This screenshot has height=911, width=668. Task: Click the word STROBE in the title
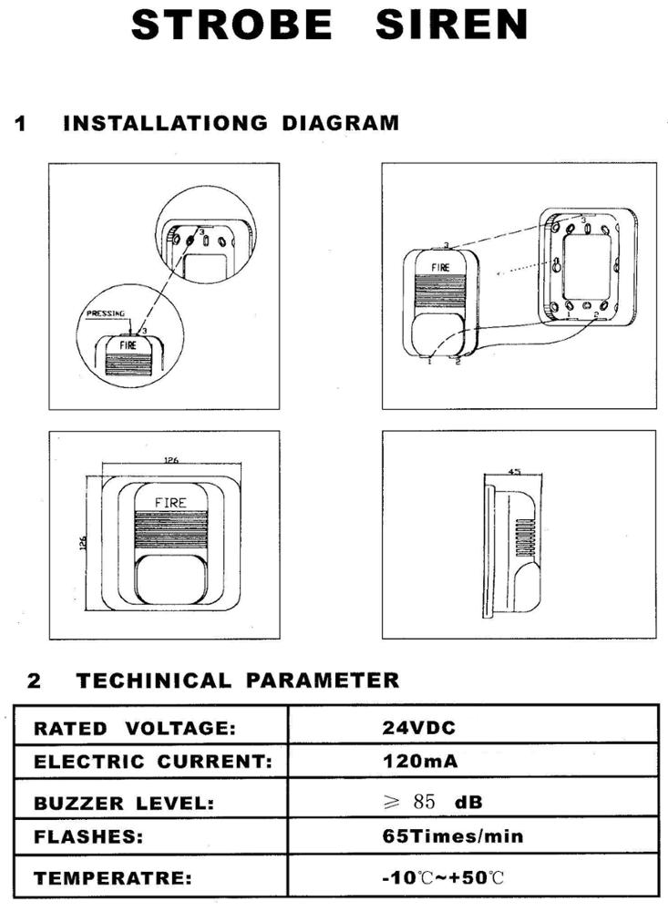231,25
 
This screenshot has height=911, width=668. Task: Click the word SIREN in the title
451,25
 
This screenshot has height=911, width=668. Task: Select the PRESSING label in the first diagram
105,313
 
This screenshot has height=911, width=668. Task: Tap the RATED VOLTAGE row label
135,728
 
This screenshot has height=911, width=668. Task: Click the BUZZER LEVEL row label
124,804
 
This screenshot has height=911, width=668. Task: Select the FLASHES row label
87,836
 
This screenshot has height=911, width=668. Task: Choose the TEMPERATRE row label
112,879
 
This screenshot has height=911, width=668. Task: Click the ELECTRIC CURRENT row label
153,762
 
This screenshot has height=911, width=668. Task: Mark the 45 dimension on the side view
514,471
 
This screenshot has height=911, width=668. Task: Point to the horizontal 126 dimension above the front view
170,461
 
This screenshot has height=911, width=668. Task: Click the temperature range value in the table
442,879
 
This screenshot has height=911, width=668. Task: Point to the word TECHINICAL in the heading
154,681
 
